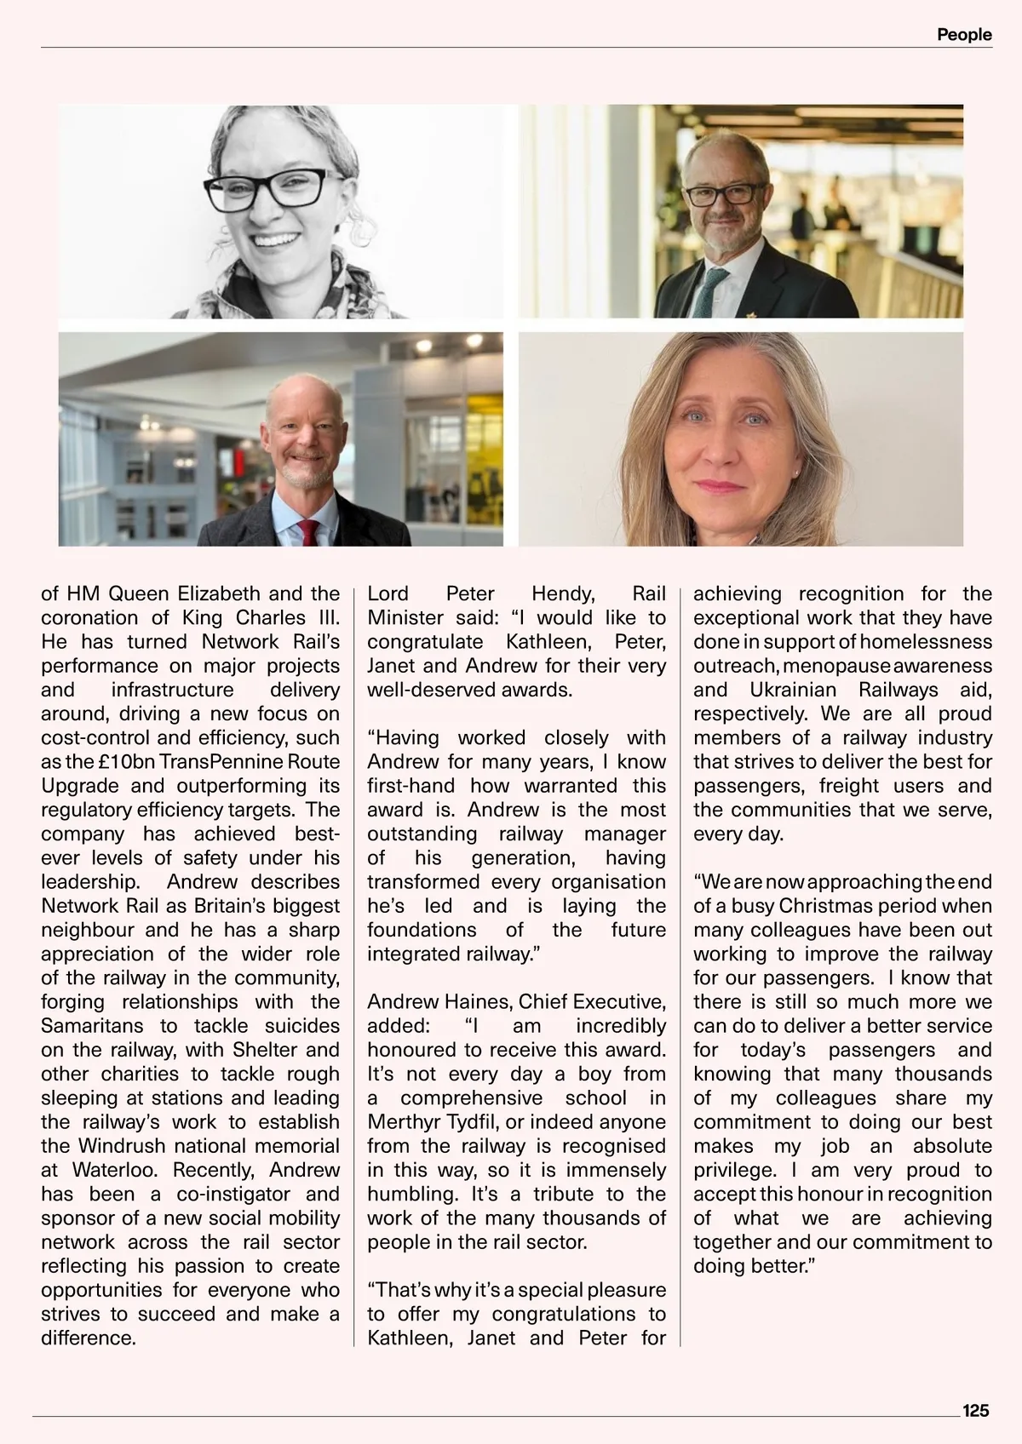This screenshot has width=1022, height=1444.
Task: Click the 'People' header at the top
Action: click(x=964, y=35)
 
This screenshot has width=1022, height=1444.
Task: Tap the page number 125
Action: click(x=975, y=1410)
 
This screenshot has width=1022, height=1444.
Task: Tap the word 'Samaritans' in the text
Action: click(x=94, y=1026)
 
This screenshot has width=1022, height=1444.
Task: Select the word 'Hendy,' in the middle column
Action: click(x=563, y=594)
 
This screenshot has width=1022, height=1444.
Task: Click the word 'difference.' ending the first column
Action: click(x=89, y=1338)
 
